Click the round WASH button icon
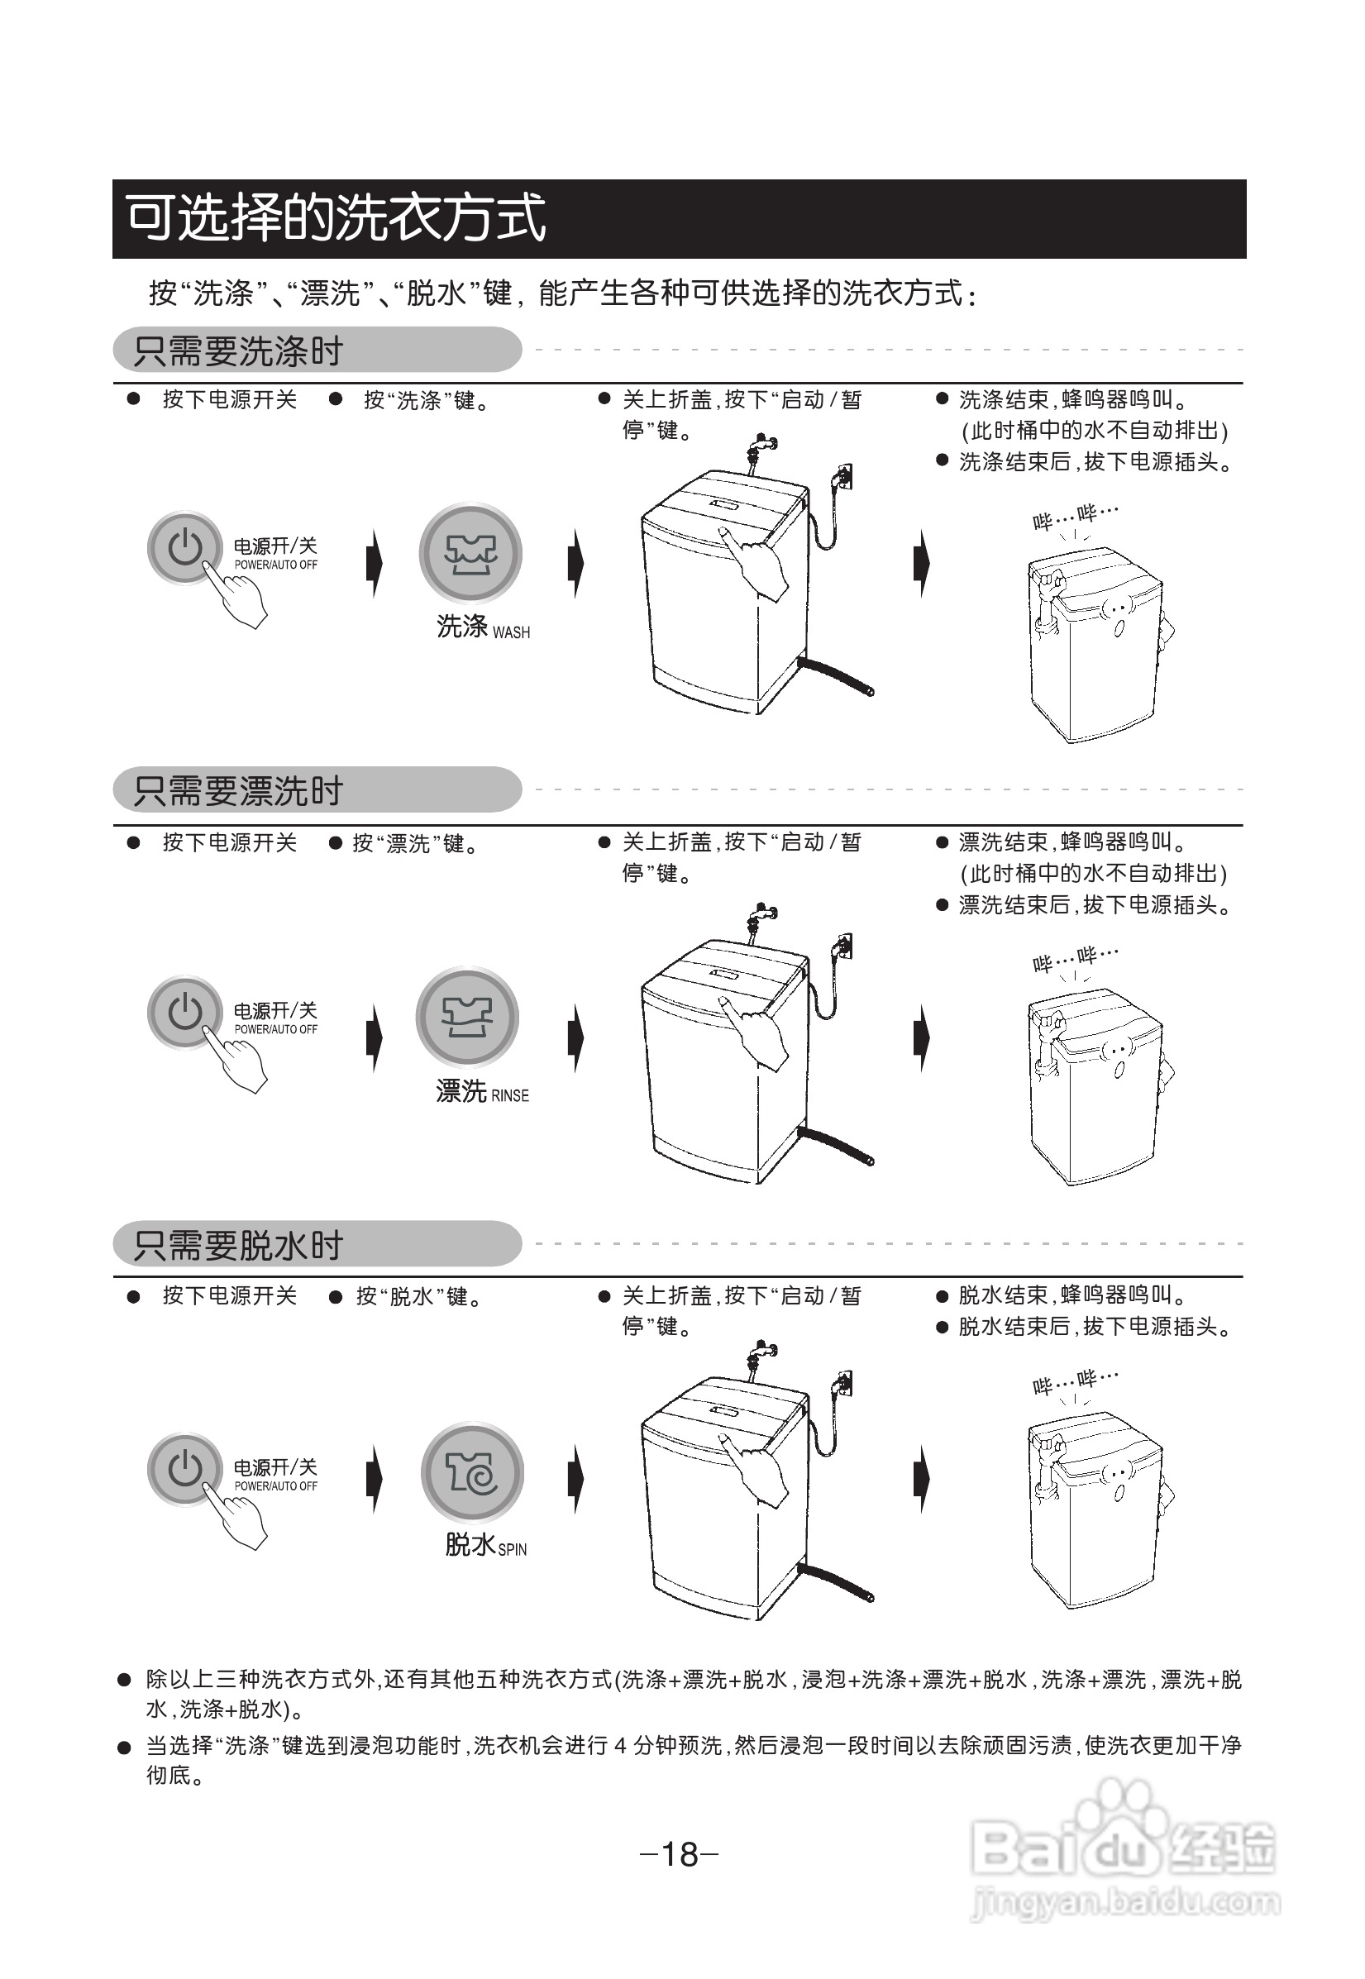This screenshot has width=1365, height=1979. pyautogui.click(x=470, y=553)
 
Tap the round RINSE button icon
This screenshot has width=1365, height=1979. pyautogui.click(x=467, y=1017)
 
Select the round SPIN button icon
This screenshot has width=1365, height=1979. pyautogui.click(x=472, y=1473)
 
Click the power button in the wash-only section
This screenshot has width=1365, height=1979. pyautogui.click(x=184, y=547)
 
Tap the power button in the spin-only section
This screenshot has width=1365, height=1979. pyautogui.click(x=184, y=1469)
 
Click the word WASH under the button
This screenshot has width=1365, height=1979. pyautogui.click(x=512, y=633)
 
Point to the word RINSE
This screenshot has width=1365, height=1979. pyautogui.click(x=510, y=1095)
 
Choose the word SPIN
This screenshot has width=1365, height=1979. pyautogui.click(x=513, y=1550)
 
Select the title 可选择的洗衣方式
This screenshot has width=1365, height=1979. pyautogui.click(x=336, y=217)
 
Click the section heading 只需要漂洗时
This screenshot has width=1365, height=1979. pyautogui.click(x=238, y=791)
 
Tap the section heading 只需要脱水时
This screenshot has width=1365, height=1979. pyautogui.click(x=238, y=1245)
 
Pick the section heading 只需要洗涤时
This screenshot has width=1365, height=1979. pyautogui.click(x=238, y=350)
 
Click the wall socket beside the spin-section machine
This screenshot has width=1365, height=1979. pyautogui.click(x=843, y=1385)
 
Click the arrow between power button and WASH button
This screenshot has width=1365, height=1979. pyautogui.click(x=374, y=563)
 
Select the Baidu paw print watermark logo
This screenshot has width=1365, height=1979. pyautogui.click(x=1125, y=1815)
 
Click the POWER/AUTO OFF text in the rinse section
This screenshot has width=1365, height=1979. pyautogui.click(x=275, y=1030)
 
